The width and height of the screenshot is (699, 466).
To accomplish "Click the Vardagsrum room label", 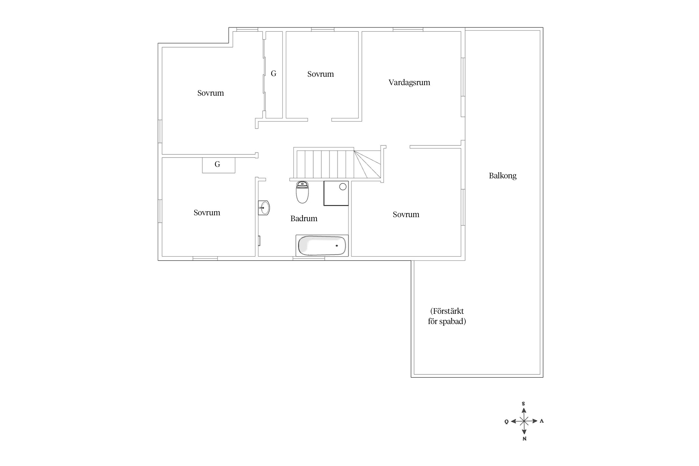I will [x=409, y=83].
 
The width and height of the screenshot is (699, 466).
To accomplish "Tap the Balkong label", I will [x=502, y=176].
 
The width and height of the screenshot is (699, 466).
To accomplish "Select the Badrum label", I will [x=304, y=219].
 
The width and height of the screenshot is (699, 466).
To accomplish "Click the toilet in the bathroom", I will [x=302, y=193].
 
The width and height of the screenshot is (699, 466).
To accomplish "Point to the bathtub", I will [x=322, y=245].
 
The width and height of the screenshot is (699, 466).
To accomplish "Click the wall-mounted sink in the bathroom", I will [x=264, y=208].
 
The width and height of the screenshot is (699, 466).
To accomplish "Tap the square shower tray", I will [x=336, y=193].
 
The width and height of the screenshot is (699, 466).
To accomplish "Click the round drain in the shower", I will [x=343, y=187].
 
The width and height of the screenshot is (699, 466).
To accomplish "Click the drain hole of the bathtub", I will [x=337, y=246].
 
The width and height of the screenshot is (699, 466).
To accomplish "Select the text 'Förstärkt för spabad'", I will [x=447, y=316].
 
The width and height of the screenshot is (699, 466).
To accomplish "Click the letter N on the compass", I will [x=524, y=439].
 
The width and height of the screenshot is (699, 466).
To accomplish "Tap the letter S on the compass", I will [x=523, y=404].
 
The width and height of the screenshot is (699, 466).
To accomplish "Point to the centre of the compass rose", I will [x=524, y=421].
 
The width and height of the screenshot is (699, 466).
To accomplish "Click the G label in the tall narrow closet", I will [x=273, y=74].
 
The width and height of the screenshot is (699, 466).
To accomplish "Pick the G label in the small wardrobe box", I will [x=217, y=164].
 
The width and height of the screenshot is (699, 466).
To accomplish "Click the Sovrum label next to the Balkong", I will [x=406, y=215].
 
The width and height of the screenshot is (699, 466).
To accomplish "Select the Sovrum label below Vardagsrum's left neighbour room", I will [x=320, y=74].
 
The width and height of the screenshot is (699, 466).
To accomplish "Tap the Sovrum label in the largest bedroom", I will [x=210, y=93].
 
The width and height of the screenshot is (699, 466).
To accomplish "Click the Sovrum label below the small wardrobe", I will [x=207, y=213].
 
